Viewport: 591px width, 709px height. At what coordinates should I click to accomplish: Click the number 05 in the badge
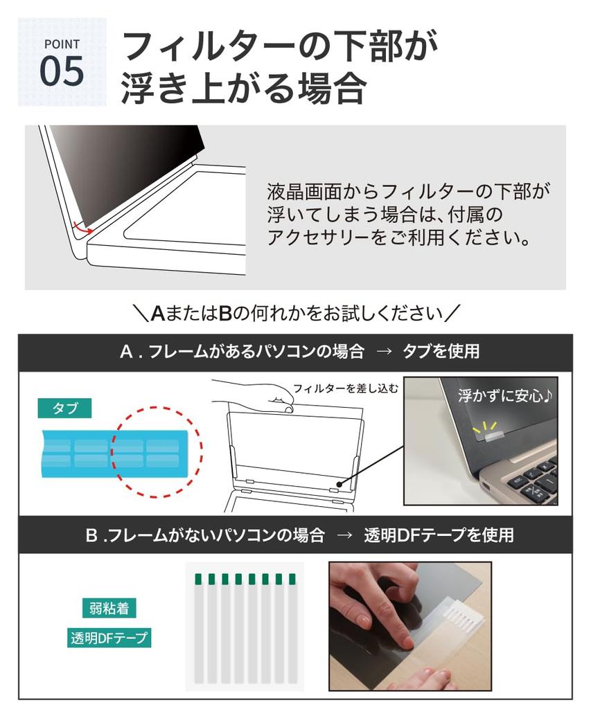coord(62,71)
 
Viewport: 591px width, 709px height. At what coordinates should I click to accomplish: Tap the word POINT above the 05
coord(62,44)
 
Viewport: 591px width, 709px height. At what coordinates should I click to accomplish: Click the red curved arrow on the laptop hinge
coord(81,226)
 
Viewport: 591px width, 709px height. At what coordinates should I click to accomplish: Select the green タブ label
coord(64,408)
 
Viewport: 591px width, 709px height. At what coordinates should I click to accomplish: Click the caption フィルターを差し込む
coord(345,388)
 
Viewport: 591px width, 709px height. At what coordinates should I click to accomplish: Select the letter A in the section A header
coord(126,352)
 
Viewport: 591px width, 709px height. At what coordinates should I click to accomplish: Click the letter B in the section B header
coord(91,535)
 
